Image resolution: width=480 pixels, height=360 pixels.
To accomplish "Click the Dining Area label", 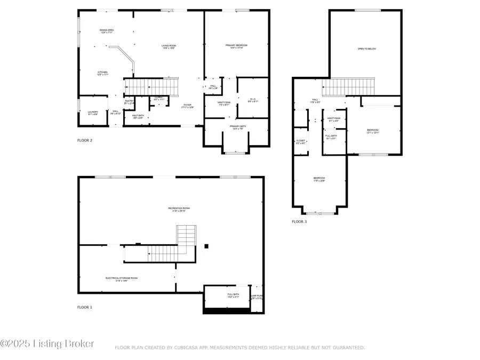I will (x=107, y=31).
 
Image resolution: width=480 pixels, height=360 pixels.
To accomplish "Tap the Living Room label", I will (x=169, y=47).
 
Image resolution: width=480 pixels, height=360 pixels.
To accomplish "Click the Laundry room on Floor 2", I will (x=92, y=113).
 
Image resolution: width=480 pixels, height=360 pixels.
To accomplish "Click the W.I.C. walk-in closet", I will (x=253, y=99).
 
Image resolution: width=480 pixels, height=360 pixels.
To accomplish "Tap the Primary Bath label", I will (x=237, y=127).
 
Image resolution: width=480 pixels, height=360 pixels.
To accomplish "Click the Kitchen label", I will (x=102, y=73).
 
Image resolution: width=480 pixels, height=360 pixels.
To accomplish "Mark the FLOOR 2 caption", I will (x=85, y=141).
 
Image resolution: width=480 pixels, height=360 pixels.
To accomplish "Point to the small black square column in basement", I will (x=207, y=246).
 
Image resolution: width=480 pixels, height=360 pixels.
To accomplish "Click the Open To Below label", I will (x=366, y=49).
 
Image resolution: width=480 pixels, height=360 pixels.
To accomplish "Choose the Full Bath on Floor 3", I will (x=331, y=137).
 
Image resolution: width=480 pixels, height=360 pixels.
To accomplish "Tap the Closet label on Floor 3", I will (x=300, y=142).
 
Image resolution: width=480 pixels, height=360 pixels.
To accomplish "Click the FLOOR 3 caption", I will (x=299, y=221).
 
